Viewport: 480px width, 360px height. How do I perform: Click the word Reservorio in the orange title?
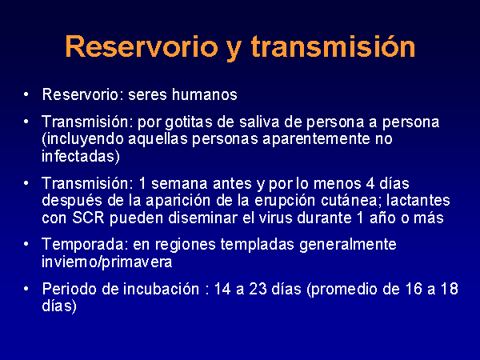point(142,46)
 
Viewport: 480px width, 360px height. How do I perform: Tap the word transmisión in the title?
point(333,46)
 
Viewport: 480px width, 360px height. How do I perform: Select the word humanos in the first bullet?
point(205,94)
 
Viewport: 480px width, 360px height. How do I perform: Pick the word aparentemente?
point(317,139)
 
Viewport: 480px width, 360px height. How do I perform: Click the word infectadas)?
point(81,156)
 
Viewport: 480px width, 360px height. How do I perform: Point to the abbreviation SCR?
point(88,218)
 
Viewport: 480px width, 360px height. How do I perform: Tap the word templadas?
point(257,244)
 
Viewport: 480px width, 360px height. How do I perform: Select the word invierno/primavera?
point(107,262)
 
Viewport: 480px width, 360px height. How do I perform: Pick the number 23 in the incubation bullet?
point(258,289)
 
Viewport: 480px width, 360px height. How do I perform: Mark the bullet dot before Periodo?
point(26,289)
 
